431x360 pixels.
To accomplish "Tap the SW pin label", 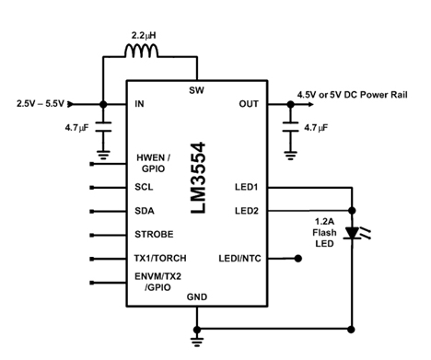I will coord(196,90).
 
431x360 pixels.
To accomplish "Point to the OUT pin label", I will coord(249,104).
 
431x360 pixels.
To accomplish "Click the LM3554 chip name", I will coord(197,179).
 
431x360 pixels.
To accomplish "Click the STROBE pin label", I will coord(154,234).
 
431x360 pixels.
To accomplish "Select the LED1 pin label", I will coord(246,187).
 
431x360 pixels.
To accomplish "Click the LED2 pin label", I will coord(246,210).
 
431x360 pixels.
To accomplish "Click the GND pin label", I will coord(196,297).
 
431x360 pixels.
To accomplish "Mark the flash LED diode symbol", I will coord(352,234).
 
